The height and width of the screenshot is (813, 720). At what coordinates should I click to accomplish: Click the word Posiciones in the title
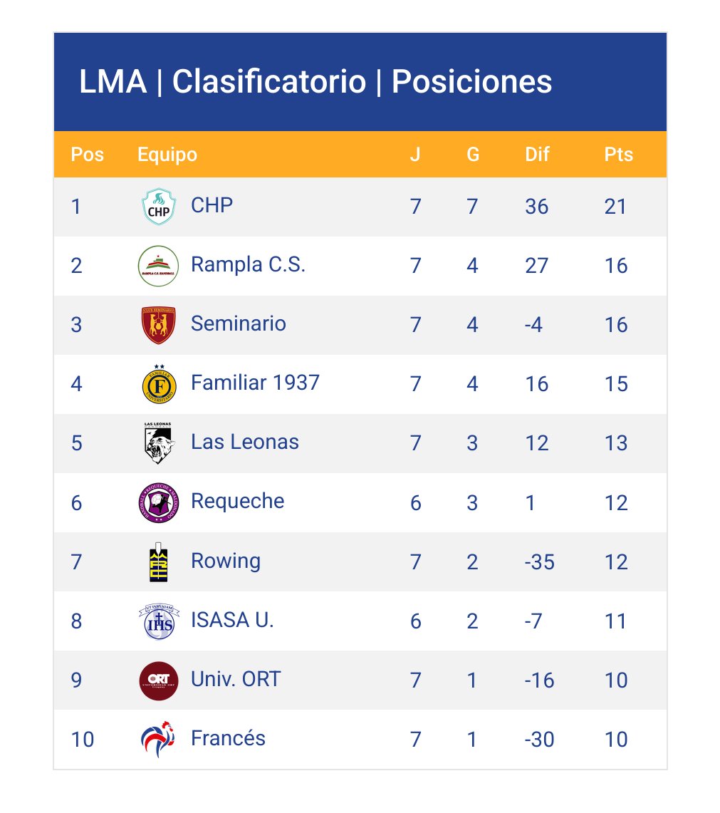(471, 82)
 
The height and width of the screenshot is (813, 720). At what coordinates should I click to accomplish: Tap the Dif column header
(537, 154)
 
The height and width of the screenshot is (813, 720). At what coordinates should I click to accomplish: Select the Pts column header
(618, 154)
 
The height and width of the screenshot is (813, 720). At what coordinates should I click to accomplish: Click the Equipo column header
(167, 154)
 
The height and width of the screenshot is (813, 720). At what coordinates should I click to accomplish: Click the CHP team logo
(158, 207)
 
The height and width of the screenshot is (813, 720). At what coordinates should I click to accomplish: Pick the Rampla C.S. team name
(248, 265)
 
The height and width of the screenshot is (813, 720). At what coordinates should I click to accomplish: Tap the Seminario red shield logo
(158, 325)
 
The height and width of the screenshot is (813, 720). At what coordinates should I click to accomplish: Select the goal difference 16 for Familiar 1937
(536, 384)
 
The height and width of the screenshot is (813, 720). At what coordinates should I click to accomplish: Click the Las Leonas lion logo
(158, 442)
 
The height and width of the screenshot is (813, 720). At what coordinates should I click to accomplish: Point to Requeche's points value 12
(615, 503)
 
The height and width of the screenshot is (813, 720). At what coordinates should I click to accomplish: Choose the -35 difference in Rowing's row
(539, 562)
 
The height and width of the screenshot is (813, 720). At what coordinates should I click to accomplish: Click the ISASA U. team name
(232, 620)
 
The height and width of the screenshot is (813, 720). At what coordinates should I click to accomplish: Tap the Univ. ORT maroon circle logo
(158, 680)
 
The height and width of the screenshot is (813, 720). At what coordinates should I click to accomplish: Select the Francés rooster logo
(158, 739)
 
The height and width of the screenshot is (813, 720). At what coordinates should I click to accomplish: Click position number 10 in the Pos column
(83, 740)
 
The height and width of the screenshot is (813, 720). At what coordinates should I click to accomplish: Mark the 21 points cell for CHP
(615, 207)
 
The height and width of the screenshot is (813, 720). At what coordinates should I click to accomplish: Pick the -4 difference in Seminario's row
(533, 325)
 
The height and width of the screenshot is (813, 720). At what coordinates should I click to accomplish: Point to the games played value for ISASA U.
(416, 621)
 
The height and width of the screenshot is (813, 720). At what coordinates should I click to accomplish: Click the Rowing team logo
(158, 562)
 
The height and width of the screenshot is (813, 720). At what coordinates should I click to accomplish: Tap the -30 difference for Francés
(539, 740)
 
